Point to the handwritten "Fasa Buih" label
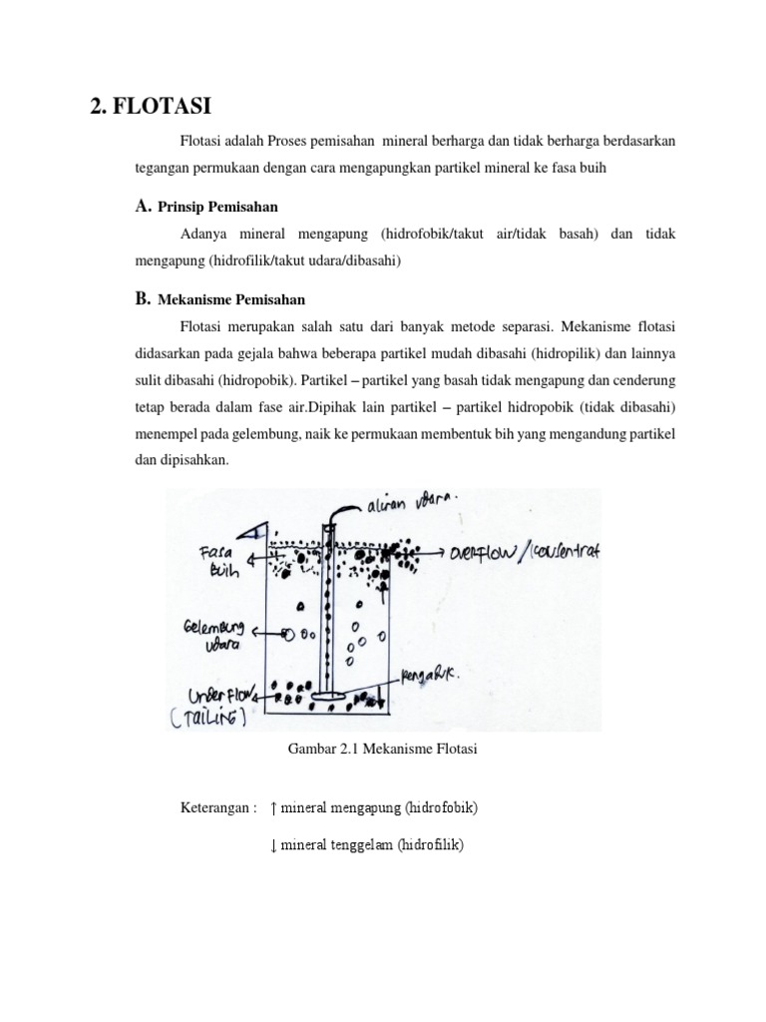pos(219,559)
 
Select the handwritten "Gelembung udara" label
pos(212,637)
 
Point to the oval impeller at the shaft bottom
pos(325,697)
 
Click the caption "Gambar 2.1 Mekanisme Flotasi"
pos(383,751)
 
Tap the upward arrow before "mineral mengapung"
pos(273,806)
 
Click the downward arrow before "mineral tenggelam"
pos(273,845)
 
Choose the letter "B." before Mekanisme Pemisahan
pos(142,298)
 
